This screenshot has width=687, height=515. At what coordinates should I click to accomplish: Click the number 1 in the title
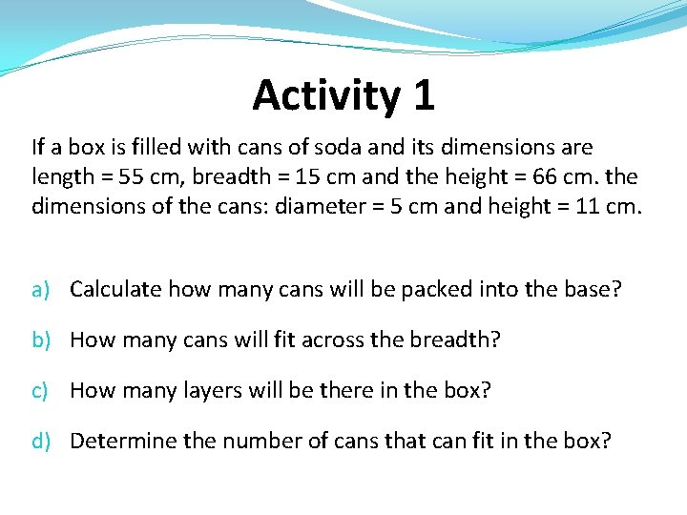424,95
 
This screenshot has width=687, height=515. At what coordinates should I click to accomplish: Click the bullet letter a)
40,289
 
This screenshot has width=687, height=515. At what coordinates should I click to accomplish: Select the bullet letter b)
40,340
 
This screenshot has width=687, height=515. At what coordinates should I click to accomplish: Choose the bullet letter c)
40,390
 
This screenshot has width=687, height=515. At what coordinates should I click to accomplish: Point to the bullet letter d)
40,441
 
